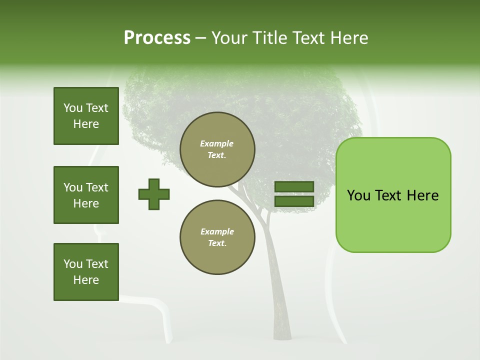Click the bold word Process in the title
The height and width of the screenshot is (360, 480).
[x=157, y=38]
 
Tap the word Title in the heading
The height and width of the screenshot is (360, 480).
[x=269, y=38]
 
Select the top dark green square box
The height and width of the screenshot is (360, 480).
[x=86, y=116]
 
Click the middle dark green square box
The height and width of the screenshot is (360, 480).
[x=86, y=195]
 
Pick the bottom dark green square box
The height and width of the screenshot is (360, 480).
[x=86, y=272]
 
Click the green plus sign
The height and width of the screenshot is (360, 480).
[x=154, y=194]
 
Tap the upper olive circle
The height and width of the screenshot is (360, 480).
[x=217, y=149]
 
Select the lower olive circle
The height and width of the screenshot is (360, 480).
[x=217, y=237]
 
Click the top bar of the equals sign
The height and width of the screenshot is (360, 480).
[x=294, y=187]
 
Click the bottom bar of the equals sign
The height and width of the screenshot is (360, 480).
[x=294, y=201]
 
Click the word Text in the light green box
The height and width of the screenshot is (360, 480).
[x=388, y=195]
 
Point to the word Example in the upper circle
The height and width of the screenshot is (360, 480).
[x=216, y=143]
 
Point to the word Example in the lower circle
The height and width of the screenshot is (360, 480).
[x=217, y=231]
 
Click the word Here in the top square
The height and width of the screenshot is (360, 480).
[x=86, y=124]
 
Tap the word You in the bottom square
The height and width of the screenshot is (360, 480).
[x=73, y=264]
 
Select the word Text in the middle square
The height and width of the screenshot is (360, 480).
[x=97, y=187]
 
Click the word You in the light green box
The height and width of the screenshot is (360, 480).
[x=358, y=195]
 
